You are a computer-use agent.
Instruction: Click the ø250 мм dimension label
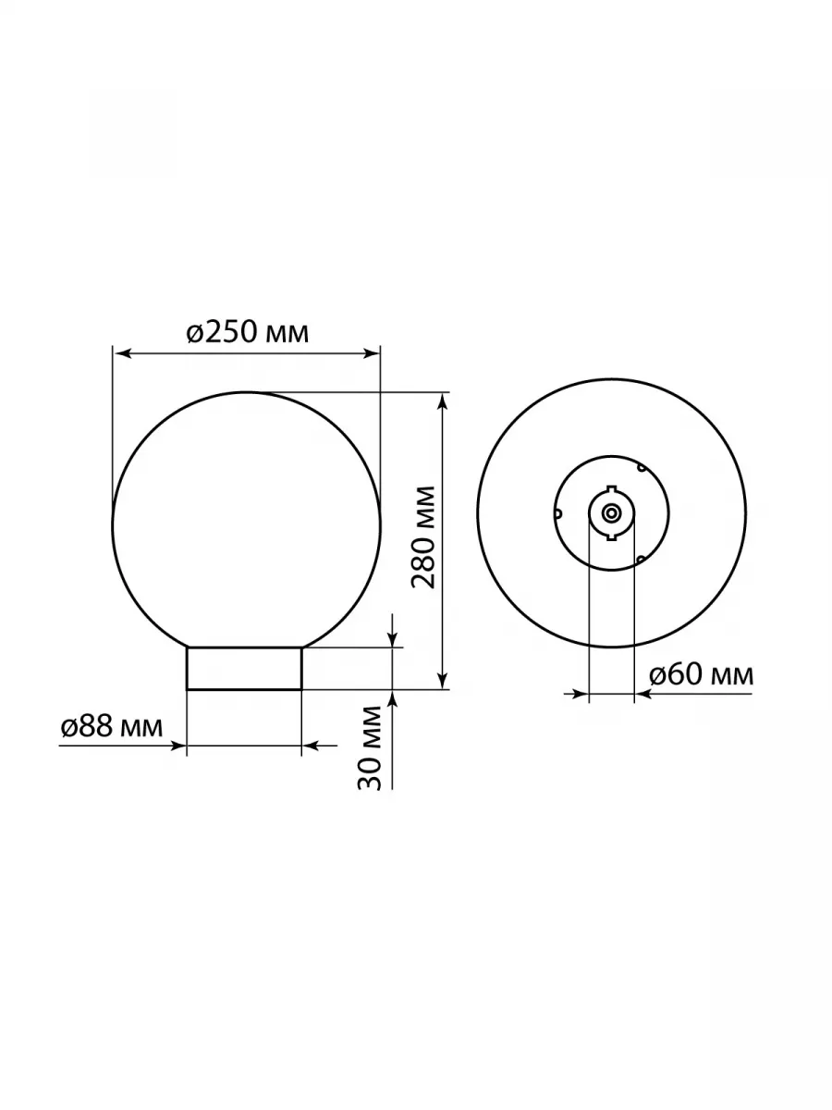pos(248,333)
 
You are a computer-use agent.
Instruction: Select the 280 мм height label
pos(423,537)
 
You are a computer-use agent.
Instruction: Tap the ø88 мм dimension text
pos(112,727)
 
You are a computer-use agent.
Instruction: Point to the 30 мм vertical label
pos(369,748)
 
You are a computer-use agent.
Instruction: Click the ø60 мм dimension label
pos(701,674)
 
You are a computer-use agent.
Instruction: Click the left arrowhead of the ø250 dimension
pos(122,354)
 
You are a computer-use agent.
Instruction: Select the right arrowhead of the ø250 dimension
pos(370,354)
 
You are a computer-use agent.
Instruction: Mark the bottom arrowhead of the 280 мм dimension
pos(443,679)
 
